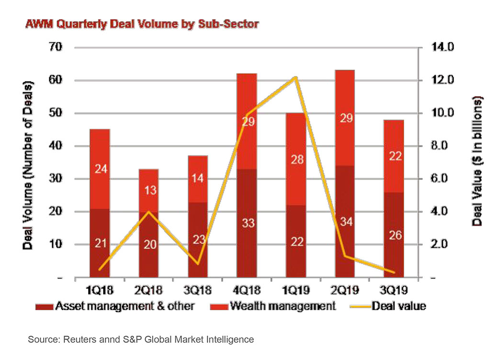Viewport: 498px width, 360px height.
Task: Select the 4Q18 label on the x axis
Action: (247, 291)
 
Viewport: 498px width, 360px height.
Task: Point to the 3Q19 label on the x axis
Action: (393, 291)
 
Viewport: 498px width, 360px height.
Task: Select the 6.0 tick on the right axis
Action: (445, 179)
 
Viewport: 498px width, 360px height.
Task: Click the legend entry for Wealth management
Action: (283, 306)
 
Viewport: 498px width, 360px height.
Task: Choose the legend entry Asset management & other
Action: (124, 306)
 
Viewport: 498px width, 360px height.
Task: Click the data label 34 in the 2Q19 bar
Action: (344, 222)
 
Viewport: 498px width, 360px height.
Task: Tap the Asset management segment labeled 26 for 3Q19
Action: (393, 235)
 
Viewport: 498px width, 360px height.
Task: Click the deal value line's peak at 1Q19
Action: (296, 78)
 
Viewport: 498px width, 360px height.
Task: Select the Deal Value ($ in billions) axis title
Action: (477, 160)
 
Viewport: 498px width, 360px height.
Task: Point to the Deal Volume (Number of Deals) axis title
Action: (29, 165)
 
